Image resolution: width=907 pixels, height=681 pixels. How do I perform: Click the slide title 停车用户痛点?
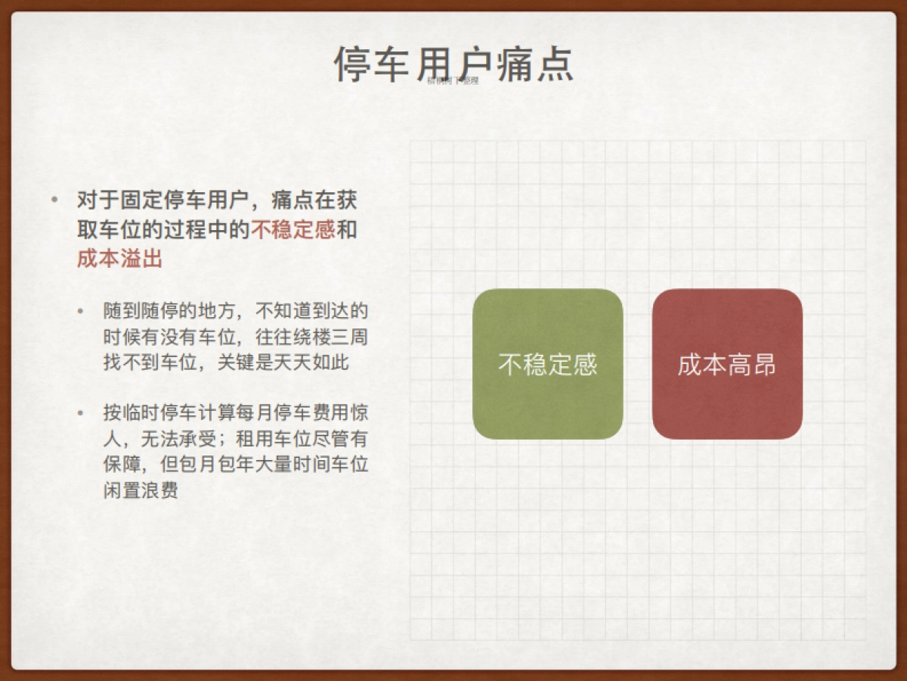[x=453, y=64]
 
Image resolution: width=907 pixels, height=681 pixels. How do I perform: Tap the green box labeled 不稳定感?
[x=548, y=364]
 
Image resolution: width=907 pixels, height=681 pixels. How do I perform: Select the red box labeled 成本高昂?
[x=727, y=364]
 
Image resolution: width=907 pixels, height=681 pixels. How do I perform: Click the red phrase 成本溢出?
[x=119, y=259]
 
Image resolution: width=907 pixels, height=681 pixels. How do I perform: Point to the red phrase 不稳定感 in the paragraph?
[x=293, y=230]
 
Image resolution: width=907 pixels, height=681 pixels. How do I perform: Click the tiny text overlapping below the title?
[x=453, y=80]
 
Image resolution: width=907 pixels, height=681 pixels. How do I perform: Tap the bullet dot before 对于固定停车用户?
[x=54, y=201]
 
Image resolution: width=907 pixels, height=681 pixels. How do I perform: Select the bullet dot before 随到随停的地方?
[x=81, y=311]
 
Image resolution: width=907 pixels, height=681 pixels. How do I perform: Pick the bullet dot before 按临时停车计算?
[x=81, y=413]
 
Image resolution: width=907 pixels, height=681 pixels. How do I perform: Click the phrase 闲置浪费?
[x=141, y=490]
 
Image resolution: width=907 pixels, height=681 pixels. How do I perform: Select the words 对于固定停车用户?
[x=163, y=201]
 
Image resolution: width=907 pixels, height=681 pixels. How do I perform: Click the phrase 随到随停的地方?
[x=169, y=311]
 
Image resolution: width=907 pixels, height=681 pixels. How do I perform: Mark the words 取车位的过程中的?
[x=163, y=230]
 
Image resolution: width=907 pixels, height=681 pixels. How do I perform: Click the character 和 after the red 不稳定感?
[x=346, y=230]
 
